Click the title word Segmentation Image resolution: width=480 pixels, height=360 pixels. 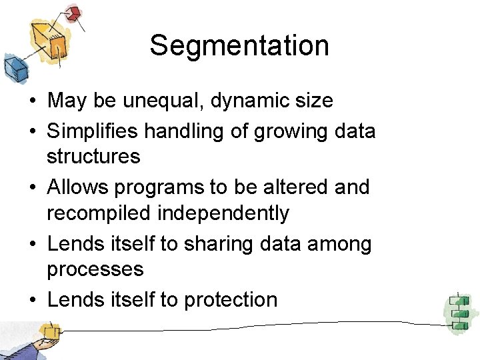click(x=239, y=46)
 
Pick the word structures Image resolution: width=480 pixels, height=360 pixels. click(x=93, y=157)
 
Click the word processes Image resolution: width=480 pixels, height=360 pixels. click(x=95, y=270)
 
